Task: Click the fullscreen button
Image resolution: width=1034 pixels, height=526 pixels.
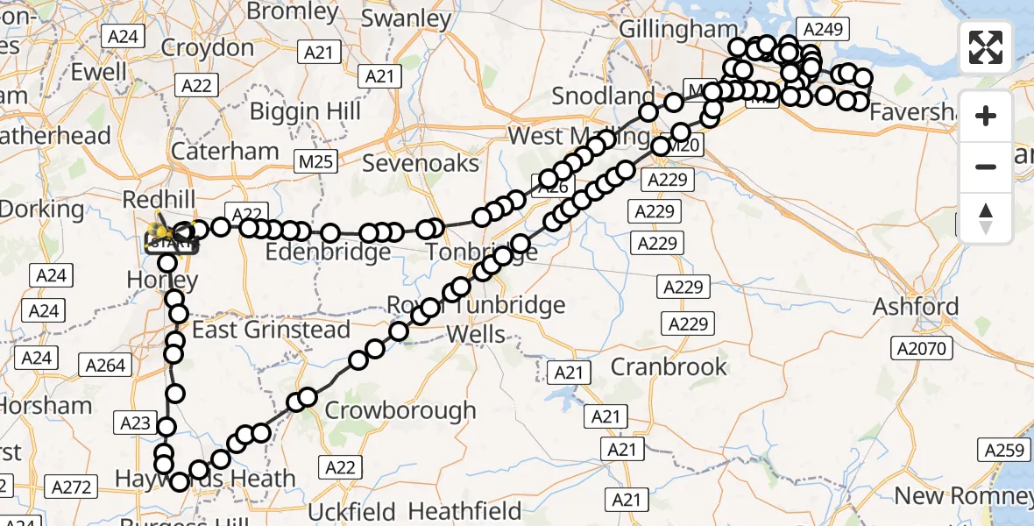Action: point(986,47)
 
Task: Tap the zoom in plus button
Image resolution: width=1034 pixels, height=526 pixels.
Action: point(986,117)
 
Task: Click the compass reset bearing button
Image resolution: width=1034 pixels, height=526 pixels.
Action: point(986,217)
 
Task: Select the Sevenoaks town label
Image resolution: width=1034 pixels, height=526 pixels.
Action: point(421,163)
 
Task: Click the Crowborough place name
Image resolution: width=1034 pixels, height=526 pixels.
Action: point(400,410)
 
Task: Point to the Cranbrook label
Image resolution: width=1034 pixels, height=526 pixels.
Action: point(669,366)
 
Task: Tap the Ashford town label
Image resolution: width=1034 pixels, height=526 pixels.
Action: point(916,307)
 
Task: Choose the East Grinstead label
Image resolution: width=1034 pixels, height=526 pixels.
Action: point(271,331)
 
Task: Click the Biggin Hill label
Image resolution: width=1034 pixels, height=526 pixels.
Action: point(305,111)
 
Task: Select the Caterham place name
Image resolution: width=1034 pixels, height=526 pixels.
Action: point(225,151)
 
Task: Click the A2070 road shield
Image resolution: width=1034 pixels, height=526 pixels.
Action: point(921,349)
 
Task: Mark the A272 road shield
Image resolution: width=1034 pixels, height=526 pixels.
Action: point(73,487)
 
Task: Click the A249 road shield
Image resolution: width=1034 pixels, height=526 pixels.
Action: point(822,30)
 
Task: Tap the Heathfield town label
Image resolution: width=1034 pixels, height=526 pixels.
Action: point(464,510)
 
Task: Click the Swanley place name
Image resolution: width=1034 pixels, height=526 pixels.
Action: point(406,18)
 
